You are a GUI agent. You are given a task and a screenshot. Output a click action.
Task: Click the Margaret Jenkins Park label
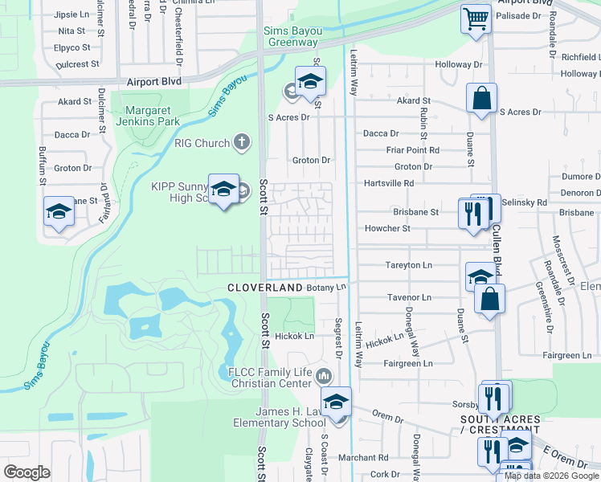pyautogui.click(x=147, y=116)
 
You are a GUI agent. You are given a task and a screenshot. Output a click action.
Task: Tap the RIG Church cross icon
pyautogui.click(x=240, y=144)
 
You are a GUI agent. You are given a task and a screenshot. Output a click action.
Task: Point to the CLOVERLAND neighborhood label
pyautogui.click(x=264, y=288)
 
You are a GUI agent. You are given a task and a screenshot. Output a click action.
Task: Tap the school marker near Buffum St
pyautogui.click(x=59, y=212)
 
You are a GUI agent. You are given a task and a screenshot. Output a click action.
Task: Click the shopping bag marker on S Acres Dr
pyautogui.click(x=481, y=100)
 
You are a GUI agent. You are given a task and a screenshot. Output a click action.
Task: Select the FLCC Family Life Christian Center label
pyautogui.click(x=268, y=378)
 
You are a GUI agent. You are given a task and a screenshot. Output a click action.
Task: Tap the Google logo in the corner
pyautogui.click(x=27, y=472)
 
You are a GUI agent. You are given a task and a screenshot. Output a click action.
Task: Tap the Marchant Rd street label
pyautogui.click(x=362, y=458)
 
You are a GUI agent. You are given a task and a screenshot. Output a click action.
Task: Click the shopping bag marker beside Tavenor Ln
pyautogui.click(x=489, y=300)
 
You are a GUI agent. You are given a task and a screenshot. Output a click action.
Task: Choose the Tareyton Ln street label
pyautogui.click(x=409, y=264)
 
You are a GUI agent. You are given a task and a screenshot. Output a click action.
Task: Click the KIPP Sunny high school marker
pyautogui.click(x=223, y=190)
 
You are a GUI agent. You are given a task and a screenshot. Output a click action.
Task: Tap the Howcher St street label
pyautogui.click(x=388, y=228)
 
